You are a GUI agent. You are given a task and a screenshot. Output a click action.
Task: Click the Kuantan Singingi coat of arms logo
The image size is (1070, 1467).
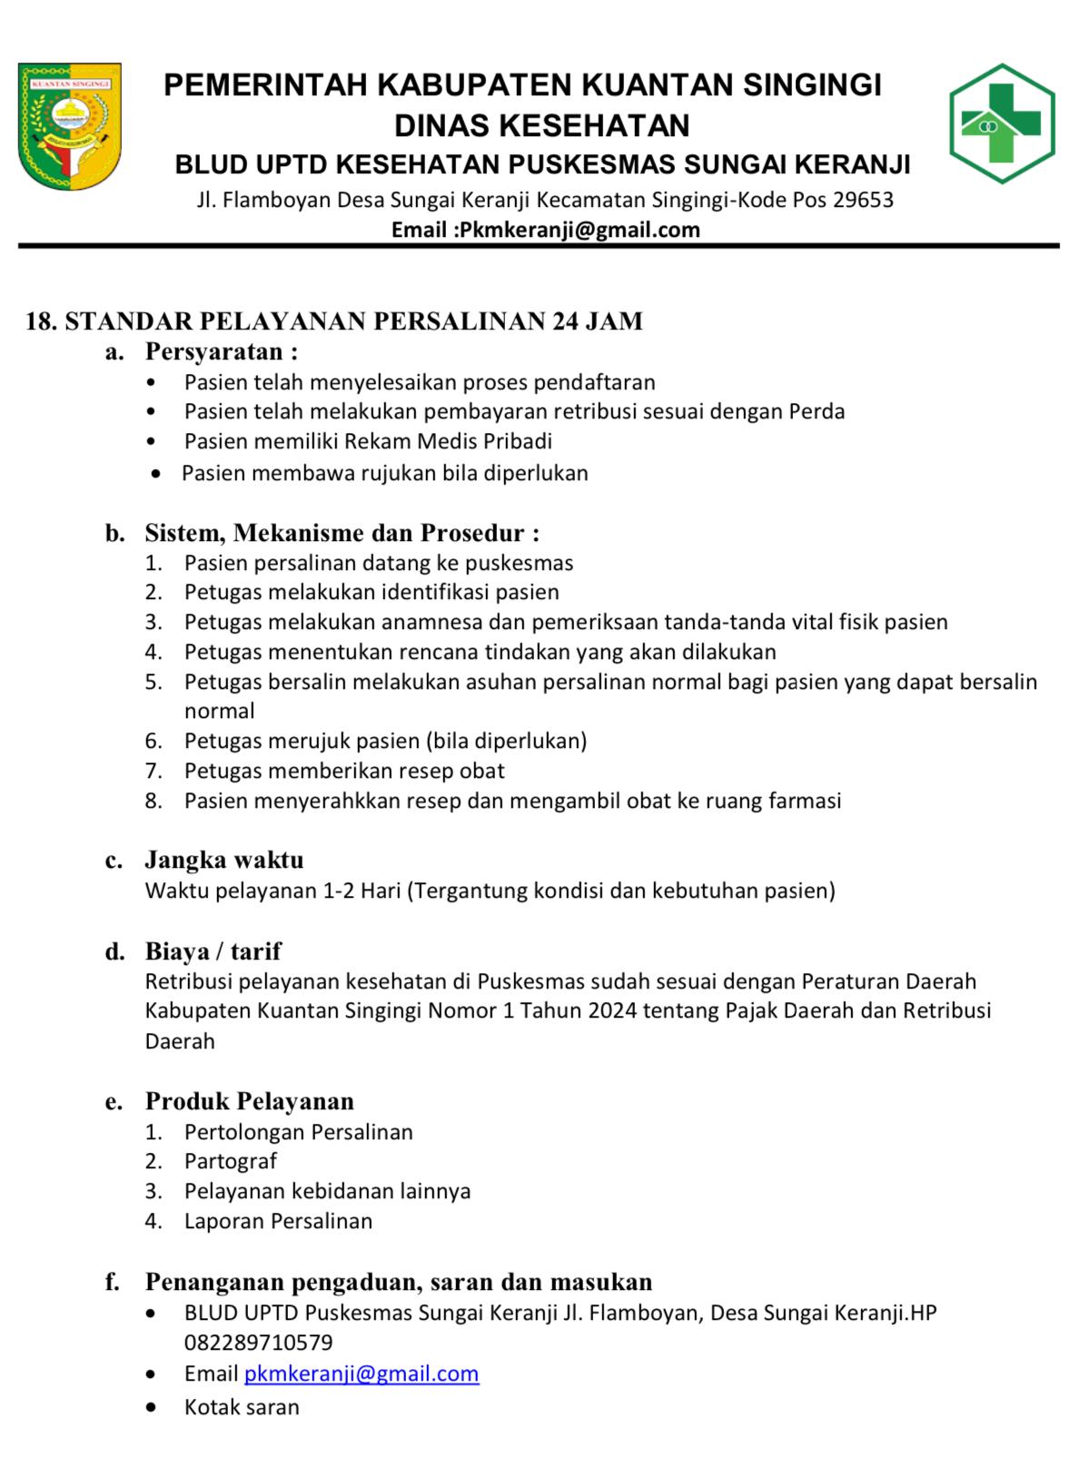[70, 125]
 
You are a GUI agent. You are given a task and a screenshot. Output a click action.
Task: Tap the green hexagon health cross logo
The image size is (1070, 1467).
[1001, 123]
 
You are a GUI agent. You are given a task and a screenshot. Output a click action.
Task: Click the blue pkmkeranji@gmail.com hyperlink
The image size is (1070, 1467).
[362, 1373]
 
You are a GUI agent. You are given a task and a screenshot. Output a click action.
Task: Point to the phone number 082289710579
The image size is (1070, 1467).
[258, 1342]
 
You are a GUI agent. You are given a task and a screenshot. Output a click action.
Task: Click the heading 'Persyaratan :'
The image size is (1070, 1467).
[221, 351]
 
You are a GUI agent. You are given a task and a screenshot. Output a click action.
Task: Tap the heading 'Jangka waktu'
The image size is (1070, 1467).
[224, 860]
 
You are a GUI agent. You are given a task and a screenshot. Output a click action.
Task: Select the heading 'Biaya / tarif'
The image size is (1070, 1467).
[213, 951]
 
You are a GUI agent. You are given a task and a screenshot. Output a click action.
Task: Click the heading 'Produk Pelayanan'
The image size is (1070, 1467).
[249, 1101]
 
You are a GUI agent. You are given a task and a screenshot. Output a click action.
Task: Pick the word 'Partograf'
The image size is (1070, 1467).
[230, 1161]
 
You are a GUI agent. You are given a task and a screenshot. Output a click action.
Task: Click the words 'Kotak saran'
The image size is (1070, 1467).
[241, 1407]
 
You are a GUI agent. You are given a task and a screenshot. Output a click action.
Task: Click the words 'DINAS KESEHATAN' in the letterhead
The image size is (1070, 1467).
[541, 124]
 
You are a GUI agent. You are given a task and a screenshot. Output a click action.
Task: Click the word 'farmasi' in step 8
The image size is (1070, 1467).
[805, 801]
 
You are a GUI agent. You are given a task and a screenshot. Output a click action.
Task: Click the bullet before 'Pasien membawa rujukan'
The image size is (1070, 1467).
[159, 474]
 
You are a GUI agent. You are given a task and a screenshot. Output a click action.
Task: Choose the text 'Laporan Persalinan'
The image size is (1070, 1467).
[278, 1221]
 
